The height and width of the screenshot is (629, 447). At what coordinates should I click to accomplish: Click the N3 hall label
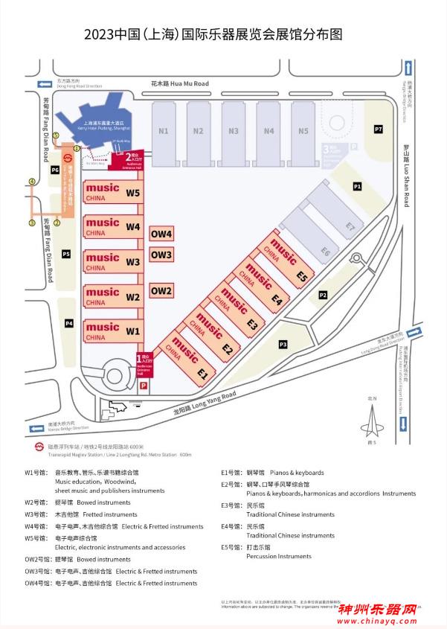(x=233, y=132)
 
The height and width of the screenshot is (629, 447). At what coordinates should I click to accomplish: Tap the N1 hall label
(x=163, y=132)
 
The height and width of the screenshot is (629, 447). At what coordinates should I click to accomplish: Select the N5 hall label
(x=303, y=132)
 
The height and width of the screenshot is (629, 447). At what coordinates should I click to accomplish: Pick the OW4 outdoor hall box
(x=161, y=234)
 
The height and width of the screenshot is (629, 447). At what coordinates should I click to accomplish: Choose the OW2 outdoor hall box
(x=161, y=291)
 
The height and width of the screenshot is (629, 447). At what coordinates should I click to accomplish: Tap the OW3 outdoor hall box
(x=161, y=255)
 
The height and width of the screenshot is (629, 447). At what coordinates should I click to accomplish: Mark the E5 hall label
(x=301, y=277)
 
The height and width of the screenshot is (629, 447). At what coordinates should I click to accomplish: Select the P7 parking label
(x=379, y=130)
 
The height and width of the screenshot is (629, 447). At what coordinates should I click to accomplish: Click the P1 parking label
(x=357, y=186)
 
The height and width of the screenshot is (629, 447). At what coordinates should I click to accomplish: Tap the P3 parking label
(x=283, y=344)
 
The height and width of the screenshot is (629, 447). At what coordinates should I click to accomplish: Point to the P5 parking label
(x=66, y=255)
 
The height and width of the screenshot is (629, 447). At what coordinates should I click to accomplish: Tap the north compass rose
(x=372, y=426)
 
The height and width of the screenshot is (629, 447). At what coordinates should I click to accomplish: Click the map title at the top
(x=223, y=33)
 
